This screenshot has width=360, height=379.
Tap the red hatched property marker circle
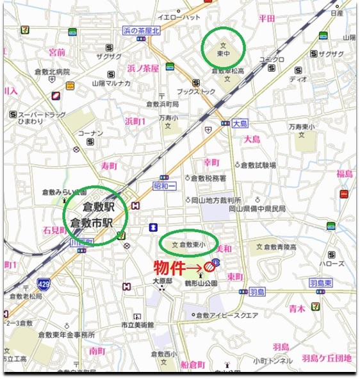(209, 266)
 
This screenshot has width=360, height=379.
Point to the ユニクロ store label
(272, 59)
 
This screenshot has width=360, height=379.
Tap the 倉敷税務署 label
(209, 178)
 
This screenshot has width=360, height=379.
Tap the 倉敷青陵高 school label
(282, 246)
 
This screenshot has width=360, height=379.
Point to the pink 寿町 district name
(109, 166)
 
